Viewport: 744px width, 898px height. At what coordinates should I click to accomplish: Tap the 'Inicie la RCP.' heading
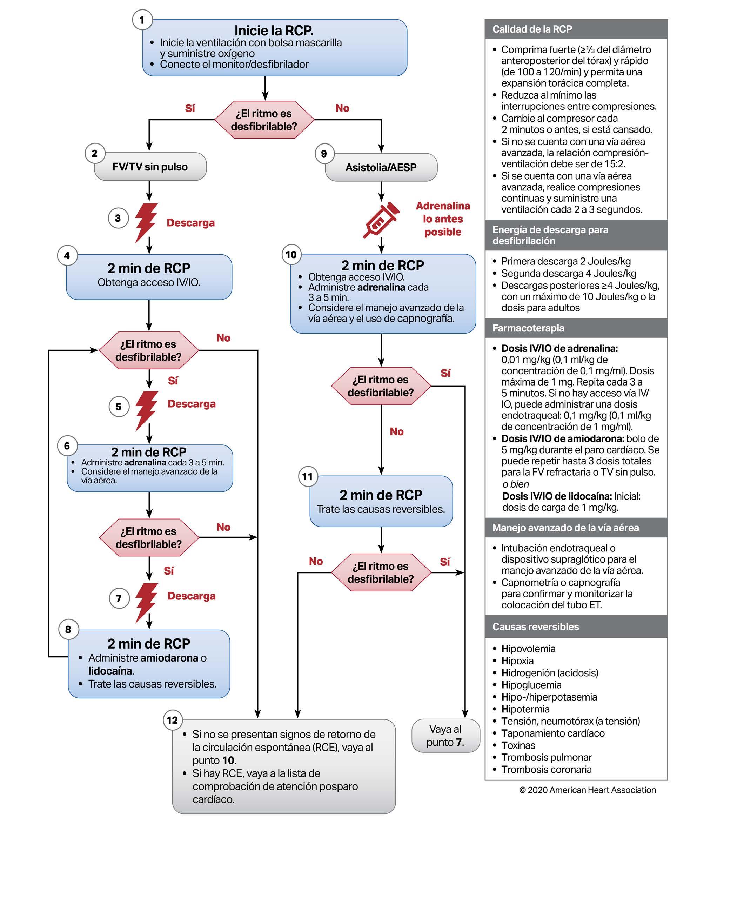(x=274, y=31)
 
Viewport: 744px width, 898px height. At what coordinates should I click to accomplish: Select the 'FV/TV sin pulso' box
(x=150, y=167)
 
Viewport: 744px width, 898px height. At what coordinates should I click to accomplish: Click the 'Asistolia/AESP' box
(x=381, y=167)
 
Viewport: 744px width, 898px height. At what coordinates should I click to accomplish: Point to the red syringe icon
(x=381, y=220)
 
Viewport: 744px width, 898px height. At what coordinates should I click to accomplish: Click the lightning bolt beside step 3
(x=146, y=222)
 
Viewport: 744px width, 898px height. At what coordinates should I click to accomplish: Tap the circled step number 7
(x=119, y=598)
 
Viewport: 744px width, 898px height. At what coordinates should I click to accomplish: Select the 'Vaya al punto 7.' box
(x=445, y=736)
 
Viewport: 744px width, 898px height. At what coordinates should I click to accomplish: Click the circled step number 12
(x=172, y=720)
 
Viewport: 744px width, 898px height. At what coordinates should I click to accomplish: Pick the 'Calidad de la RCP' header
(x=532, y=29)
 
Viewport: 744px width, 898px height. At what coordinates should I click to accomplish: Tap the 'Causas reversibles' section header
(x=536, y=626)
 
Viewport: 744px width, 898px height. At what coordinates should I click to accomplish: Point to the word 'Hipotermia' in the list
(x=525, y=709)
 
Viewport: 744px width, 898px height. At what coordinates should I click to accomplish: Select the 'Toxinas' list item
(x=518, y=745)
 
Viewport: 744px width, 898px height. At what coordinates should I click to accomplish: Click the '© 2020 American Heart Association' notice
(x=588, y=790)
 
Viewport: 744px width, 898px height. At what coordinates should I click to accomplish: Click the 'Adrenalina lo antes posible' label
(x=443, y=219)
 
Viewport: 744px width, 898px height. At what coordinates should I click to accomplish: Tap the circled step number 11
(x=307, y=477)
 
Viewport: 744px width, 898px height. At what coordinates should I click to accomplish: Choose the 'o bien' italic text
(x=516, y=484)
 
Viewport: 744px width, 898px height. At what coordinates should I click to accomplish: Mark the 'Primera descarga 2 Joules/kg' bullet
(x=566, y=261)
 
